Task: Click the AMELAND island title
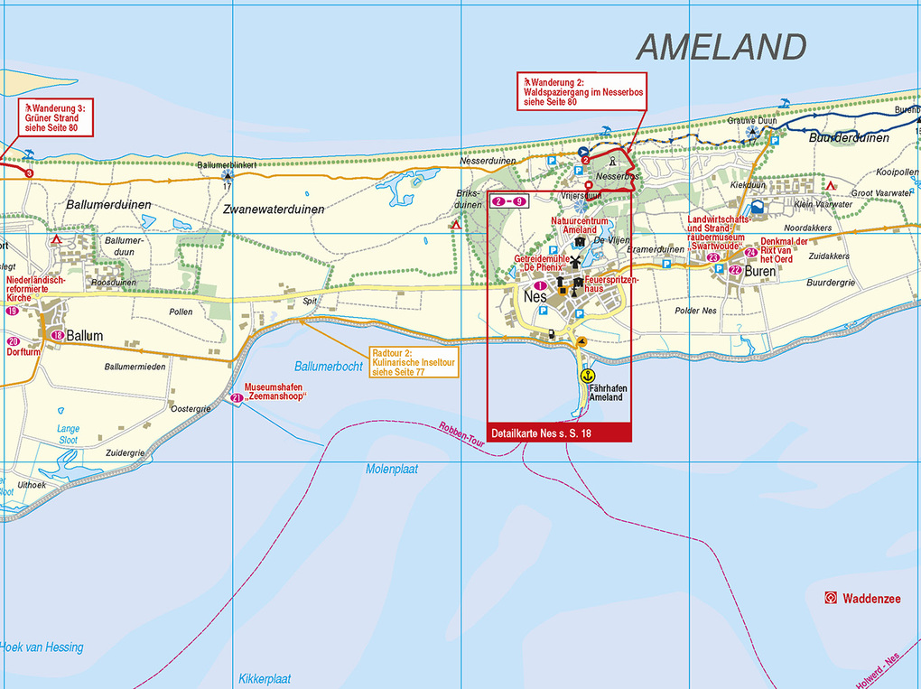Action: (x=721, y=47)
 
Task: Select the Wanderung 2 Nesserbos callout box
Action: (x=581, y=91)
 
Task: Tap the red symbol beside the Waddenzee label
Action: (x=830, y=598)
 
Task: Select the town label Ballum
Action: (x=84, y=336)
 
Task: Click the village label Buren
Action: (x=761, y=271)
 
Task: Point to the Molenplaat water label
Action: (x=392, y=470)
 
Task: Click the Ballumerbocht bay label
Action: (x=329, y=366)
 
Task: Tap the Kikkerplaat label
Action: (x=265, y=678)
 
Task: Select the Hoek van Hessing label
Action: (x=42, y=647)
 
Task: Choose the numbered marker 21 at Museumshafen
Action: (x=237, y=397)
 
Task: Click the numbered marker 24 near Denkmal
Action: (x=751, y=252)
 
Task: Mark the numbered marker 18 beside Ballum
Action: (x=58, y=336)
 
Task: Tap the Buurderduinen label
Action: (x=849, y=138)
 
